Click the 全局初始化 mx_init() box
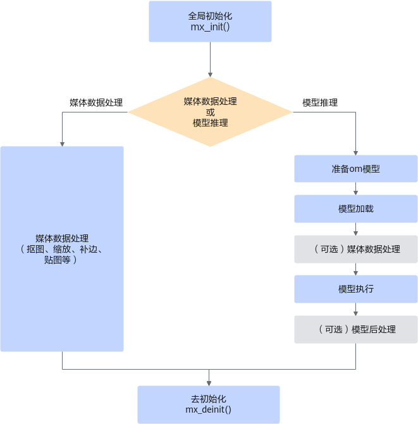point(210,21)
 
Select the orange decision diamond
point(210,112)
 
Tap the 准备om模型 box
point(356,169)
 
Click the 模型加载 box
point(356,209)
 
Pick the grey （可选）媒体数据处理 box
point(356,249)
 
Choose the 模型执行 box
point(356,289)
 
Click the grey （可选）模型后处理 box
point(356,329)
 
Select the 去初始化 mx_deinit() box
point(209,404)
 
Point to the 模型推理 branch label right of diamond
point(320,102)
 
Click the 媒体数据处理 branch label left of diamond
point(96,102)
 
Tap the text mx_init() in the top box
point(210,27)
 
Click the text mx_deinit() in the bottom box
point(208,409)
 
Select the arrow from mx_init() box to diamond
point(210,59)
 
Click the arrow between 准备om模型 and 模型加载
point(356,188)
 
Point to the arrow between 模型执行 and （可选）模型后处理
point(356,309)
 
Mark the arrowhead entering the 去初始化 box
point(209,384)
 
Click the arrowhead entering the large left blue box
point(62,144)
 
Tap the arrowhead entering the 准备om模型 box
point(356,153)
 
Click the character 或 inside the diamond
point(210,112)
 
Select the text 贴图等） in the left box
point(61,260)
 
